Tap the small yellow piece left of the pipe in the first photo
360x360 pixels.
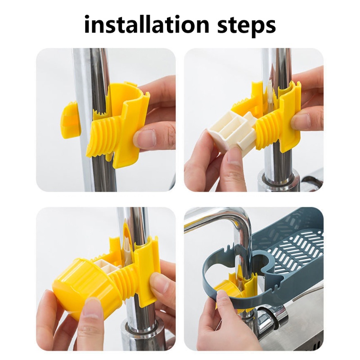click(x=71, y=120)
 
